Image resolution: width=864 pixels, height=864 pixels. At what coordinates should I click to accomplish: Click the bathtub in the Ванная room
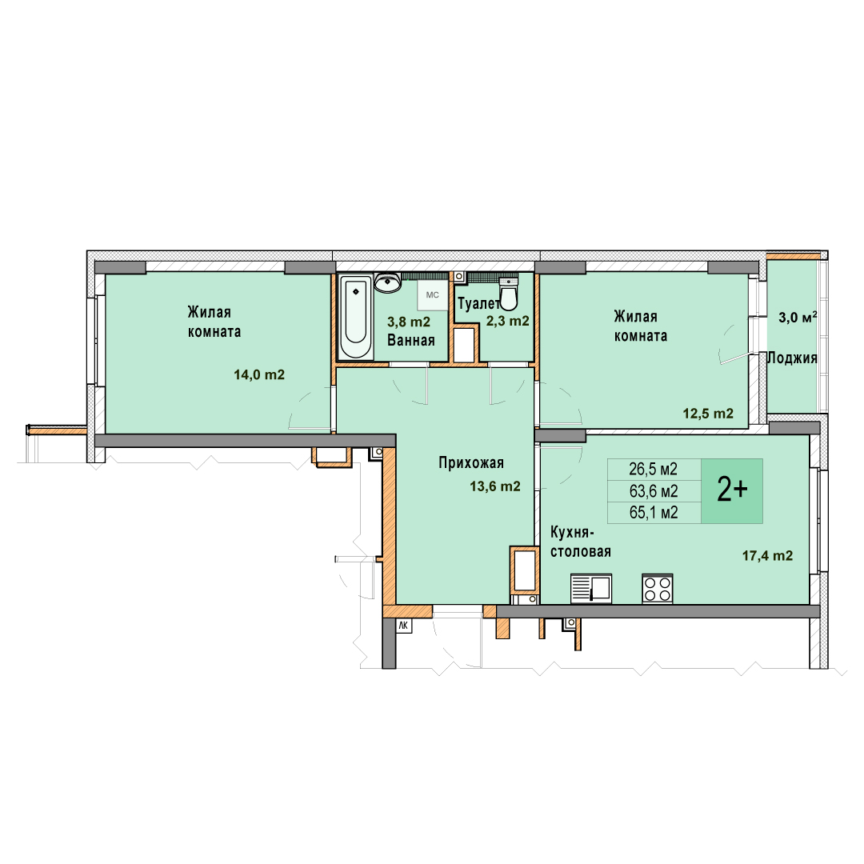click(355, 317)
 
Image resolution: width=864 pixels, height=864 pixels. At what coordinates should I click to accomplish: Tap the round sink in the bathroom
click(389, 282)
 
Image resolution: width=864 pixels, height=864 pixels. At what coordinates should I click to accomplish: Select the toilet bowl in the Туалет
click(509, 294)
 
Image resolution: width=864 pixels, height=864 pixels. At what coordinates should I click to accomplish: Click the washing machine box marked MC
click(433, 295)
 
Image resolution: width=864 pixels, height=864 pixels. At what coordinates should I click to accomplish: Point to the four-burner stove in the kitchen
click(658, 589)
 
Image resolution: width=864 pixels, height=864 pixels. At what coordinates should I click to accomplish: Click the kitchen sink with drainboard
click(591, 589)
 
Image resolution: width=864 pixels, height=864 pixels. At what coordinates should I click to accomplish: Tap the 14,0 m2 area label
click(259, 375)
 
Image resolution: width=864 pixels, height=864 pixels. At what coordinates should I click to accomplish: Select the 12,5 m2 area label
click(708, 414)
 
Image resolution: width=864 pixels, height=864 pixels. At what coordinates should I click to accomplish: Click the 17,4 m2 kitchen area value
click(767, 555)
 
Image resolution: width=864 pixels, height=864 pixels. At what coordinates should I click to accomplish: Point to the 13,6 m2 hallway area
click(495, 486)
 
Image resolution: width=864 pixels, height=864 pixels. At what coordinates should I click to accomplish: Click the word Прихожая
click(471, 463)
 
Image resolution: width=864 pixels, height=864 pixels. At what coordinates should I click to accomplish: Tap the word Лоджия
click(792, 358)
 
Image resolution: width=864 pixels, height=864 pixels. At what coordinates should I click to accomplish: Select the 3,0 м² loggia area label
click(798, 318)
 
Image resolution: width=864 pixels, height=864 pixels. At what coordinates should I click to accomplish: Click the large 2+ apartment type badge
click(732, 490)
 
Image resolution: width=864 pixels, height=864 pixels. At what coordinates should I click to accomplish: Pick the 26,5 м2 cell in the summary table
click(654, 470)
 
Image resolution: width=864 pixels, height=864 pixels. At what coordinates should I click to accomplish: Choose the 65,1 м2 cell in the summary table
click(654, 513)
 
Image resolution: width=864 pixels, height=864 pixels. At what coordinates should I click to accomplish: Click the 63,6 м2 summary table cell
click(654, 491)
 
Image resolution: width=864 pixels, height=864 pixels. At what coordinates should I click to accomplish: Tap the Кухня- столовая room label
click(581, 542)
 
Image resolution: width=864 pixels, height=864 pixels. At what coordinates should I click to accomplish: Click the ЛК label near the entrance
click(403, 626)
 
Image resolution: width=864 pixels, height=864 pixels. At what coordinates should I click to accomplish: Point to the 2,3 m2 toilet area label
click(507, 322)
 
